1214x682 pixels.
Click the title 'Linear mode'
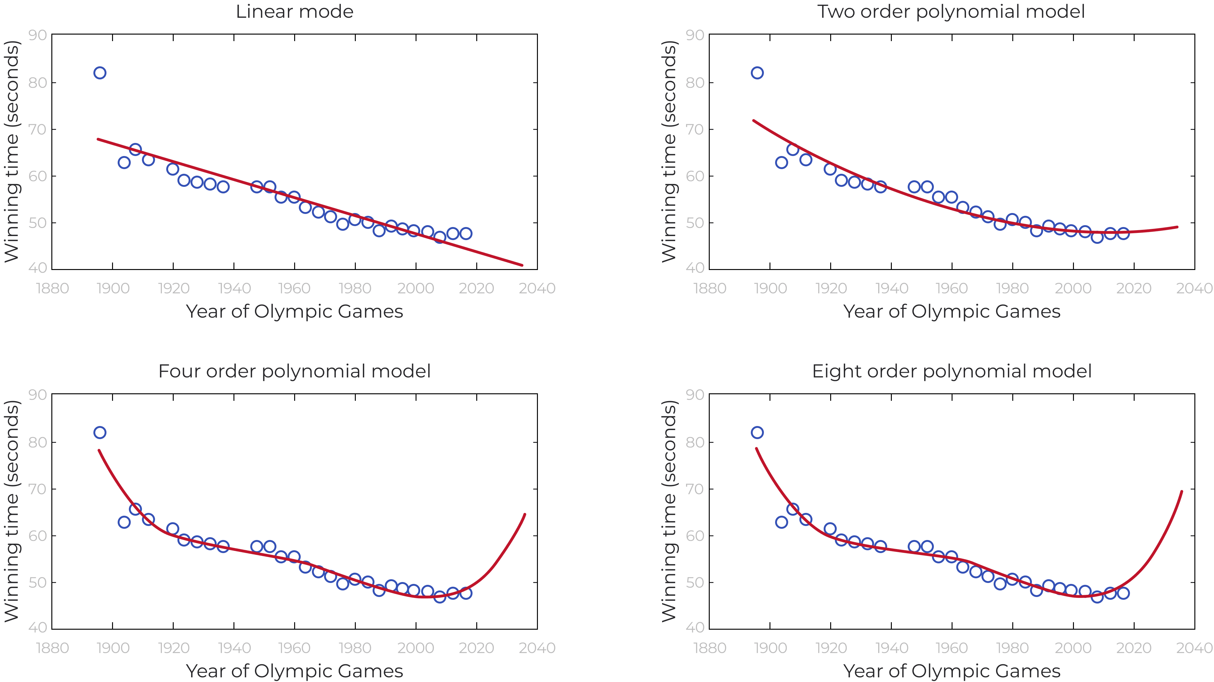coord(294,12)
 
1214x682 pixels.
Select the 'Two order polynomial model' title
coord(951,12)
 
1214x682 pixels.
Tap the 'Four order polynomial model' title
coord(294,372)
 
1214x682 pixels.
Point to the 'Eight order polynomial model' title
coord(952,372)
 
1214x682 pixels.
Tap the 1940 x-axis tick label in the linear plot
coord(234,288)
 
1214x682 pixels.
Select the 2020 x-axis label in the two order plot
coord(1134,288)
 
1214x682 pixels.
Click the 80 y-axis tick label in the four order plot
coord(37,442)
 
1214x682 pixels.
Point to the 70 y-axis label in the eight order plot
coord(695,489)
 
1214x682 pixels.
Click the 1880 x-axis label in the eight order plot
coord(710,648)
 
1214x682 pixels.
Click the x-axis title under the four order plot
coord(294,671)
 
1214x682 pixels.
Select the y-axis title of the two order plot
coord(669,151)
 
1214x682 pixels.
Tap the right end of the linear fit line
coord(522,265)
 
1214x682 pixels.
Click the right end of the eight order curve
coord(1182,492)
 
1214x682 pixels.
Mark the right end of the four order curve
coord(525,514)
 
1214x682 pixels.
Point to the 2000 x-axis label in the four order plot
coord(416,648)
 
